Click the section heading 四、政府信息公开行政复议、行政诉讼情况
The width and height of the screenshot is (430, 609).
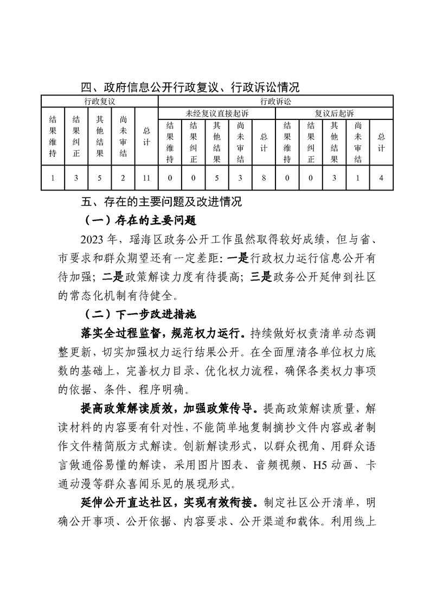point(190,87)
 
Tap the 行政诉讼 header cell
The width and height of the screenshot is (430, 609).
point(275,101)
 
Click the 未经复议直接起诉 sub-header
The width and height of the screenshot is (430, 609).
point(216,113)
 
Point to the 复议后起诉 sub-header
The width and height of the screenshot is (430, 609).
point(334,113)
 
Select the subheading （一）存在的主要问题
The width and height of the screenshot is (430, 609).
point(139,221)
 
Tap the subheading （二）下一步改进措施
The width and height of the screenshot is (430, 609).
point(139,314)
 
